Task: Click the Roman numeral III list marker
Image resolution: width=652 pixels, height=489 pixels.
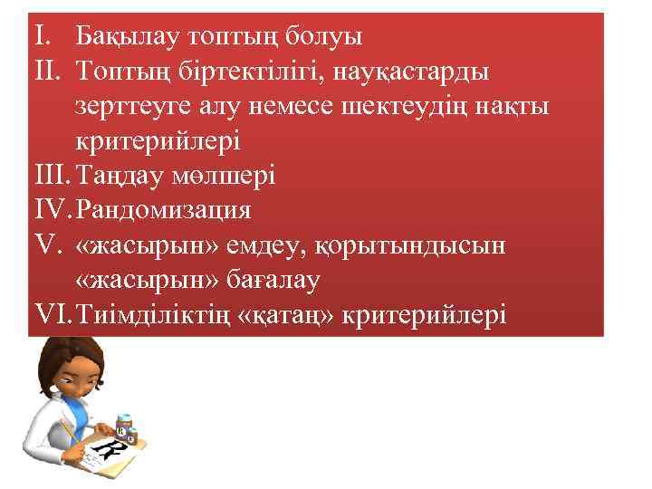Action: click(51, 177)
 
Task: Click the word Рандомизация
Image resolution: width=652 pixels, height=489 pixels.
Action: click(164, 212)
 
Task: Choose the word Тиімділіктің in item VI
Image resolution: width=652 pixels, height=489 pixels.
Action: click(150, 316)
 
